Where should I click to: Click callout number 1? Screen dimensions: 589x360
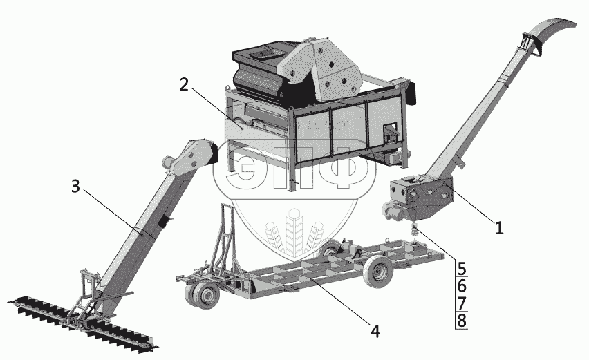coord(499,228)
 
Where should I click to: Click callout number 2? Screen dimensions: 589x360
coord(184,85)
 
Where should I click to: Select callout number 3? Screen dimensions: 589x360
coord(76,186)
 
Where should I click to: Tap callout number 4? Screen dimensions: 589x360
coord(375,332)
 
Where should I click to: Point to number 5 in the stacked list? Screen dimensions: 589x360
coord(462,268)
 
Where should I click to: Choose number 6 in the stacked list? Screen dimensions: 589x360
coord(462,286)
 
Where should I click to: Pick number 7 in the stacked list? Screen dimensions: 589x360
coord(462,303)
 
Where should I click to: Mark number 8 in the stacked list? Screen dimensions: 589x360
coord(462,321)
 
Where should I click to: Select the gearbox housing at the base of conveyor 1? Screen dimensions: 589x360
coord(421,196)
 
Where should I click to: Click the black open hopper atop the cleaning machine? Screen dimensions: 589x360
coord(259,56)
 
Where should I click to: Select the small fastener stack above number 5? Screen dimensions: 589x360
coord(415,229)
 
